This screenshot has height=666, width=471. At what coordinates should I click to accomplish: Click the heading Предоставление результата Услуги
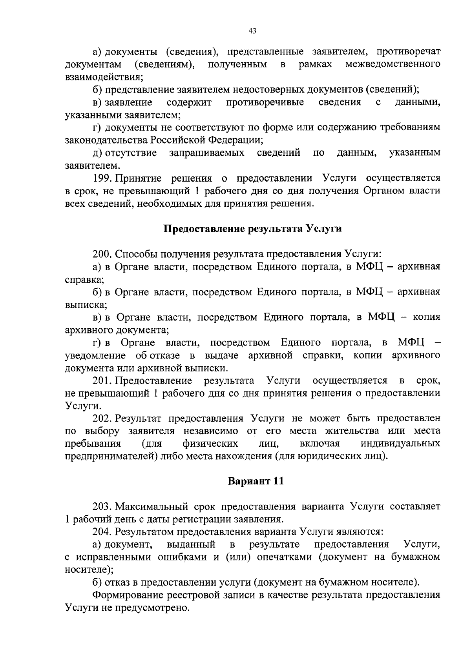click(252, 229)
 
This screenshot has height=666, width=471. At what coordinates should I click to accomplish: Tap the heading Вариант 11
click(256, 481)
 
